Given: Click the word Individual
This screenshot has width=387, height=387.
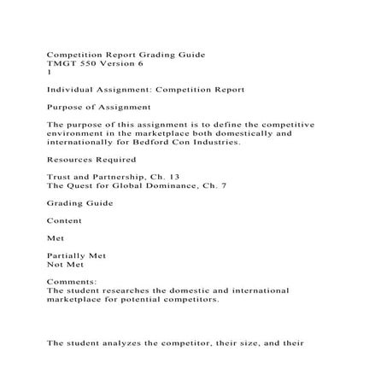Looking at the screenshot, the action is coord(73,89).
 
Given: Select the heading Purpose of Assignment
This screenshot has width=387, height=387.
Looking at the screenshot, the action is coord(97,107).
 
